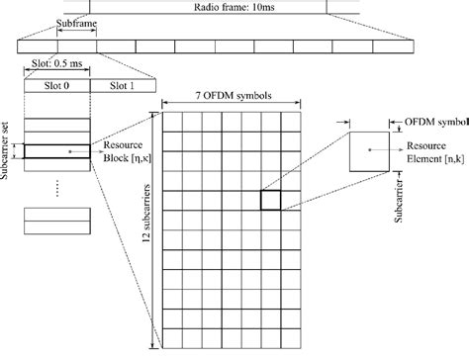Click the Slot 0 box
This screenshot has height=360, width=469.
click(58, 85)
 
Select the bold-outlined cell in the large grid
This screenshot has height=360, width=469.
click(271, 201)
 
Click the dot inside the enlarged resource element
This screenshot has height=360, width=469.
click(369, 149)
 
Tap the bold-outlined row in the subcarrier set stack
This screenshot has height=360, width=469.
click(57, 151)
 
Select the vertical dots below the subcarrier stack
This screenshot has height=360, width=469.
click(57, 188)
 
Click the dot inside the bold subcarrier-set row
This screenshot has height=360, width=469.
click(71, 151)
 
